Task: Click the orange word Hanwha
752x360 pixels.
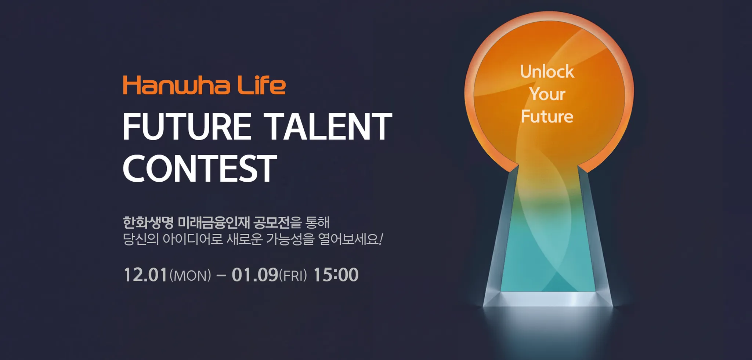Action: pyautogui.click(x=177, y=85)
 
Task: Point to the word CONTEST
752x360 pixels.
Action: pyautogui.click(x=200, y=168)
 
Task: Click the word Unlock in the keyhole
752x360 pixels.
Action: pyautogui.click(x=547, y=71)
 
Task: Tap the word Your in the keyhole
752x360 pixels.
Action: pyautogui.click(x=547, y=94)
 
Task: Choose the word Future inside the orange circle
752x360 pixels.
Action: pyautogui.click(x=547, y=117)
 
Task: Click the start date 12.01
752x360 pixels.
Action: pyautogui.click(x=146, y=275)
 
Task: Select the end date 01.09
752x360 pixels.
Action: pyautogui.click(x=255, y=275)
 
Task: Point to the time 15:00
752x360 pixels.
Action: pyautogui.click(x=336, y=275)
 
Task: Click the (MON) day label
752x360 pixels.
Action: pyautogui.click(x=190, y=276)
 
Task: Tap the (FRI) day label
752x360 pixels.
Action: pyautogui.click(x=293, y=276)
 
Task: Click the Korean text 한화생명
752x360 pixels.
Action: pyautogui.click(x=148, y=222)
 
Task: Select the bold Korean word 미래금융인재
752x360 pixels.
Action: pyautogui.click(x=214, y=222)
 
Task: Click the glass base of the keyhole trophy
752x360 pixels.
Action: pyautogui.click(x=547, y=299)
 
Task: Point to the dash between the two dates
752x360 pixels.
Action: pyautogui.click(x=221, y=275)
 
